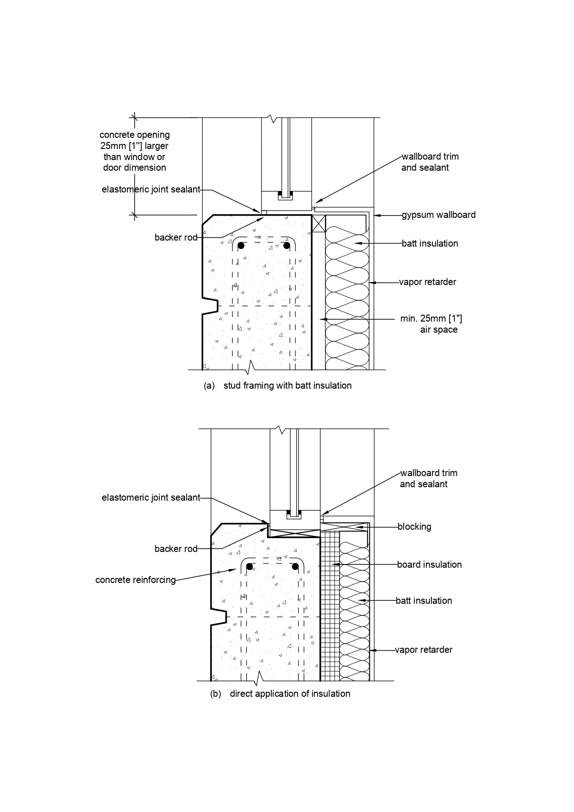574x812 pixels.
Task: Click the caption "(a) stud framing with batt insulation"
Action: point(278,385)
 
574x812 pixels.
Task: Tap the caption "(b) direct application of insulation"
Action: point(280,694)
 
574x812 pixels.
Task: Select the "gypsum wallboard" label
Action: point(438,215)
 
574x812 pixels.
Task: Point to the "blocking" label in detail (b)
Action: point(414,527)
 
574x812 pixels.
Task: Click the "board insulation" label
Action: point(430,564)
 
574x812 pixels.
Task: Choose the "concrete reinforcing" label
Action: point(136,580)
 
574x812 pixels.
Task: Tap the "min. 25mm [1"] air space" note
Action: point(431,324)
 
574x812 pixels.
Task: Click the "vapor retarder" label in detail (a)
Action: point(428,282)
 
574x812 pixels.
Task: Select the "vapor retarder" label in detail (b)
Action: point(424,650)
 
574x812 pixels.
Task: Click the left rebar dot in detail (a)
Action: point(241,245)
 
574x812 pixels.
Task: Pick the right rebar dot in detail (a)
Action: point(287,245)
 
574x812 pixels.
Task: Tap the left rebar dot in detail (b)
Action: point(250,566)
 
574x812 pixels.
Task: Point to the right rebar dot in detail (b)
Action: point(295,566)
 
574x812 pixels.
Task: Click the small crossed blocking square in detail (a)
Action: point(318,223)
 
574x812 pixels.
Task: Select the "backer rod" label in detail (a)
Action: point(176,237)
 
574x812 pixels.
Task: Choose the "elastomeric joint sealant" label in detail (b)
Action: point(151,498)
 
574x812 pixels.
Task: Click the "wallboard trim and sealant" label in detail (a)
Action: point(430,162)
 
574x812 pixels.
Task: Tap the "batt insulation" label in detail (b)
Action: point(424,601)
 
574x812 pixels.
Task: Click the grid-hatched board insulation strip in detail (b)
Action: point(330,606)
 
